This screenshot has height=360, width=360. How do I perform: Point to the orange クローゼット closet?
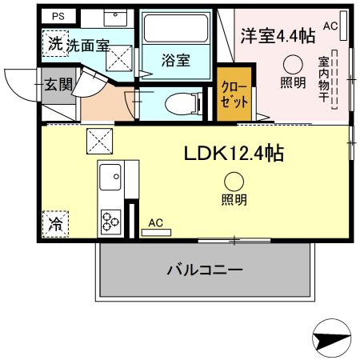pos(233,98)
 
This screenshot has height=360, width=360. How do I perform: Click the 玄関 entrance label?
pos(58,83)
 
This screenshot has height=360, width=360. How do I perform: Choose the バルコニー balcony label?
pos(205,270)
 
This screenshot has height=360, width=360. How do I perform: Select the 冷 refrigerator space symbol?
pos(56,222)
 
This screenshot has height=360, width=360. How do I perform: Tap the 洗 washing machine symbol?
pos(54,44)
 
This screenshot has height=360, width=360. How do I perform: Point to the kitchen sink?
pos(109,174)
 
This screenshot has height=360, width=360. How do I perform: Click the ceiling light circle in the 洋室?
pos(294,65)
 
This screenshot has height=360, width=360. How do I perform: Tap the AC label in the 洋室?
pos(330,26)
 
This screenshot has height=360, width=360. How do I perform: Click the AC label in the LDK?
pos(156,222)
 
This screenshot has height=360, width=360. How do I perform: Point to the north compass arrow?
pos(330,338)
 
